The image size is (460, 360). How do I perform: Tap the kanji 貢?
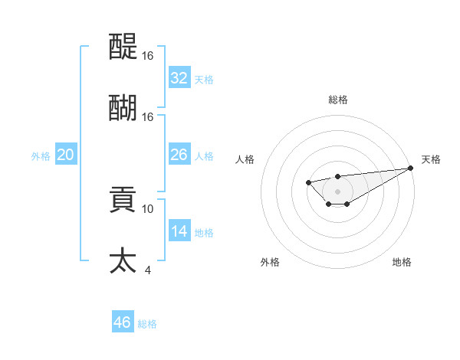(x=123, y=199)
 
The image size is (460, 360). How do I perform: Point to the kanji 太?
(x=123, y=260)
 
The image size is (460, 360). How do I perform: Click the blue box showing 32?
(x=179, y=77)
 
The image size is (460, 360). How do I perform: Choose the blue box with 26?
(x=179, y=155)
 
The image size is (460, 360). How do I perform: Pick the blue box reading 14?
(x=179, y=231)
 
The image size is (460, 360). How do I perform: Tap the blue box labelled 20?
(x=65, y=155)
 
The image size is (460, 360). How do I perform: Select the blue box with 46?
(x=122, y=322)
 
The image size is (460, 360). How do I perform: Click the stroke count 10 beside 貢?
(x=148, y=208)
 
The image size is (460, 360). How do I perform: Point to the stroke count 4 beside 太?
(x=148, y=270)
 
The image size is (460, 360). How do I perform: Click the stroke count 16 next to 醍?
(x=148, y=56)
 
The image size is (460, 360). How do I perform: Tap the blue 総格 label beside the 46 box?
(x=147, y=324)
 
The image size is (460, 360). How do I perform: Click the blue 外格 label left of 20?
(x=41, y=156)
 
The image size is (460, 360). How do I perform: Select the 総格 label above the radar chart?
(x=337, y=100)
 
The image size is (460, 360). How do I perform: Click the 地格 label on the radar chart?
(x=402, y=262)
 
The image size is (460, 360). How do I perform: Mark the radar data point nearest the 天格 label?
(x=411, y=168)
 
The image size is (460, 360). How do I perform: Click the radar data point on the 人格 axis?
(x=308, y=182)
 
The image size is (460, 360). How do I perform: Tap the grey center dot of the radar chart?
(x=337, y=191)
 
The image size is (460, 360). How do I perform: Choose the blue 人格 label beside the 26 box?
(x=204, y=156)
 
